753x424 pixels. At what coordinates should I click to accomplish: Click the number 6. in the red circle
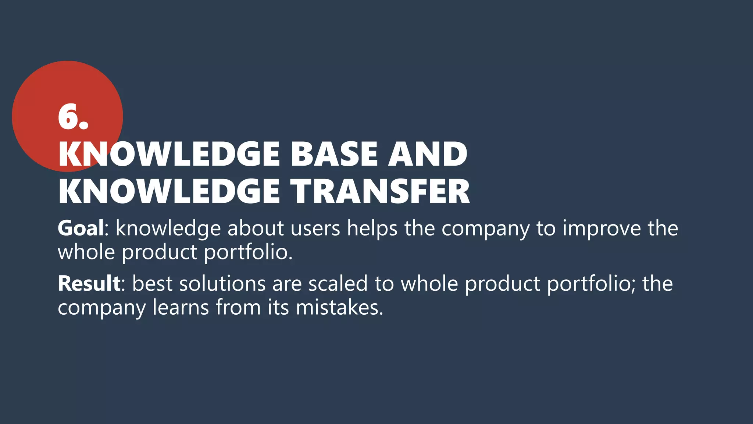tap(73, 117)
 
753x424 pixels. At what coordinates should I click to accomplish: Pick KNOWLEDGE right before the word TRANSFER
tap(169, 191)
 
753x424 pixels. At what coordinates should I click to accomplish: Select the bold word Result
tap(89, 284)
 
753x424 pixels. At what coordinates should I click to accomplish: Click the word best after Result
tap(152, 284)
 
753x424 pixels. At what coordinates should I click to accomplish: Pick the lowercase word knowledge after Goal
tap(168, 229)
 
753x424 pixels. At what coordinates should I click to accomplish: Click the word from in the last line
tap(238, 307)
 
